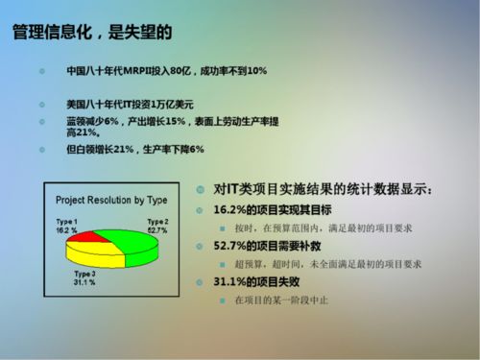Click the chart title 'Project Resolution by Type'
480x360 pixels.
(111, 200)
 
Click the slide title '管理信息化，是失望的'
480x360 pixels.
(92, 33)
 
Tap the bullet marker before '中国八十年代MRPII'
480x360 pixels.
(41, 71)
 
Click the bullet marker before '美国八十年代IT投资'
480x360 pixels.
(41, 103)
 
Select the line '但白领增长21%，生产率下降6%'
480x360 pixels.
(135, 150)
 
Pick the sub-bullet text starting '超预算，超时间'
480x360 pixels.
(327, 264)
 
